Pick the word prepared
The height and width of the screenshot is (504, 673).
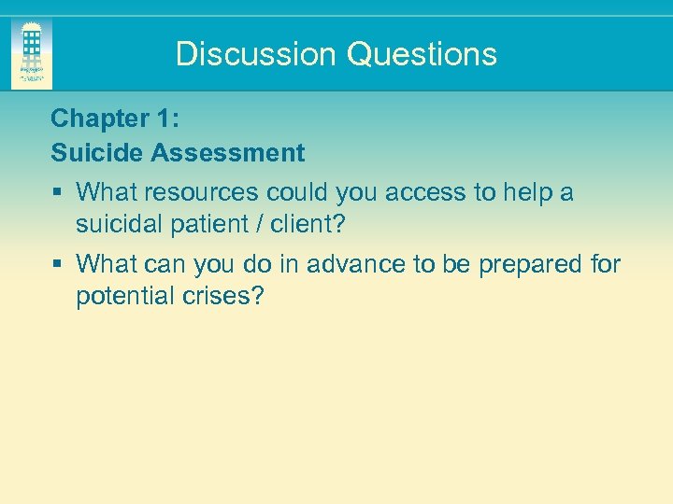(531, 265)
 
